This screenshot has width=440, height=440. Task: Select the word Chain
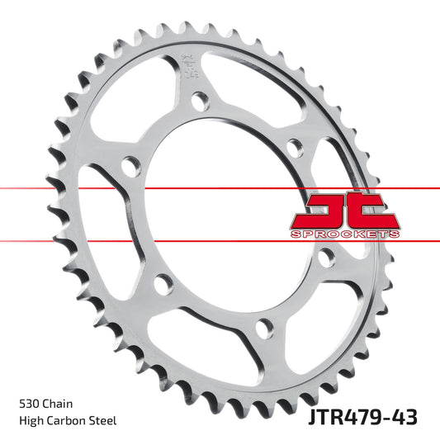point(59,405)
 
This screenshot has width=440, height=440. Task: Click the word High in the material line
point(31,421)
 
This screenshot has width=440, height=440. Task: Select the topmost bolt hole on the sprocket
point(198,102)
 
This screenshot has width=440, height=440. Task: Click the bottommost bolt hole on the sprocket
point(263,329)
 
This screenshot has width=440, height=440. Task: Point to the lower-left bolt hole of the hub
point(164,283)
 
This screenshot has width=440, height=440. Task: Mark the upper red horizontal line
point(124,189)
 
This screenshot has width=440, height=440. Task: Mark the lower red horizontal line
point(124,240)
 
